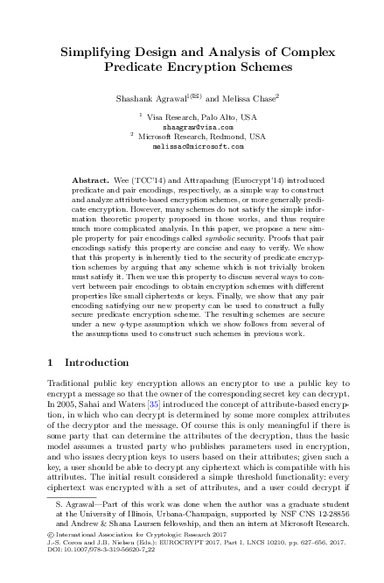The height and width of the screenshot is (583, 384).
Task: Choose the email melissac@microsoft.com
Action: pyautogui.click(x=192, y=146)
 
